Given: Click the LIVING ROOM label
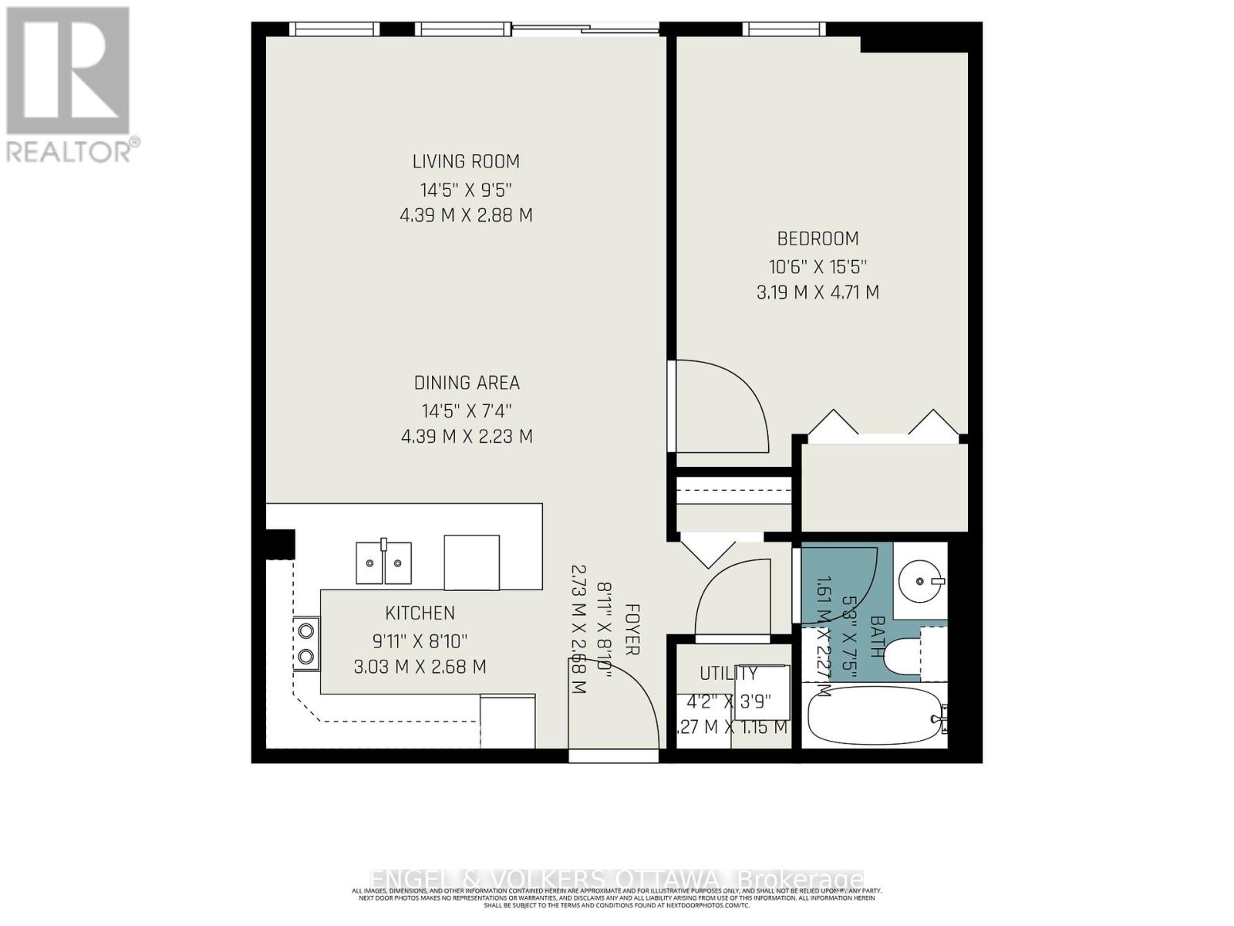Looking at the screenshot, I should (x=466, y=161).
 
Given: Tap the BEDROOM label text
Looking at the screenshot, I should (x=818, y=238).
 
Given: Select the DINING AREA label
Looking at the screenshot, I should (x=467, y=383).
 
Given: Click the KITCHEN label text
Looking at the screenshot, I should (x=420, y=613).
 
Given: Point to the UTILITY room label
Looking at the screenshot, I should (x=728, y=674).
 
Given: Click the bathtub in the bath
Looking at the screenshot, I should (x=874, y=716).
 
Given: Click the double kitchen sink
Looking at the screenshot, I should (x=383, y=563).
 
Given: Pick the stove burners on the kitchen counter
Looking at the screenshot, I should (x=307, y=643).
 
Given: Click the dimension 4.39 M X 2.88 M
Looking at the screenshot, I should (x=466, y=215).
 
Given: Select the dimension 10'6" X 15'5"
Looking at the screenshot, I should (x=818, y=267).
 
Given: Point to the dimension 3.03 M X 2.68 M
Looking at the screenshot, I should (x=420, y=667).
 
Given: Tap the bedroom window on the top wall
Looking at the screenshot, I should (x=785, y=29).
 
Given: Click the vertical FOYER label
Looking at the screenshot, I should (x=631, y=629).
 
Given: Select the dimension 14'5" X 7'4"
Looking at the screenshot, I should (x=467, y=411).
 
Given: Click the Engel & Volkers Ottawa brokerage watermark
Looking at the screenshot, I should (x=616, y=879).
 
